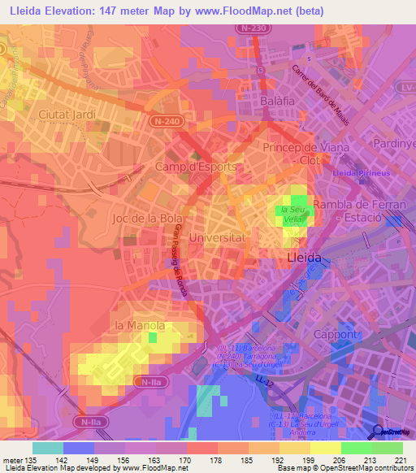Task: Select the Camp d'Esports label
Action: coord(195,167)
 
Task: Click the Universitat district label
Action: coord(216,238)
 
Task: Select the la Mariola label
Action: coord(140,326)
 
